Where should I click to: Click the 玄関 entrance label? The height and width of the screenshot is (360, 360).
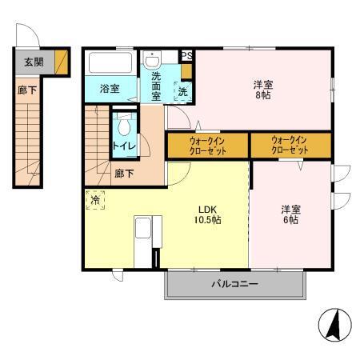point(33,62)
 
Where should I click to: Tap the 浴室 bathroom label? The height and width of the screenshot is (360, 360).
point(110,89)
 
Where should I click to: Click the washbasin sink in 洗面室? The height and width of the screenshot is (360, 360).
point(152,60)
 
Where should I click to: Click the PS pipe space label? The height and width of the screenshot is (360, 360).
point(186,55)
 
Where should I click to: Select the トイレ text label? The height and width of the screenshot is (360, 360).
point(123,146)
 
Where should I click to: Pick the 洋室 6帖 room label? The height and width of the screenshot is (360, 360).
point(290,214)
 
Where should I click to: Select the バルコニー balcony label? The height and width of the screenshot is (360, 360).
point(234,284)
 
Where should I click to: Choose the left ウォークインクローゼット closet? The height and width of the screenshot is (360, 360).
point(207,144)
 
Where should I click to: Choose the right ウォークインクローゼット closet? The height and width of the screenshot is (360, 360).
point(290,144)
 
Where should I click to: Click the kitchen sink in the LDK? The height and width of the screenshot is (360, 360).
point(143,230)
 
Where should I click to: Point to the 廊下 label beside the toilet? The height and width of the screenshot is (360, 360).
point(123,173)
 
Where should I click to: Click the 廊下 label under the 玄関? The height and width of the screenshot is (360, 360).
point(26,90)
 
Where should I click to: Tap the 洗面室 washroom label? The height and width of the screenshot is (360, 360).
point(152,86)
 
